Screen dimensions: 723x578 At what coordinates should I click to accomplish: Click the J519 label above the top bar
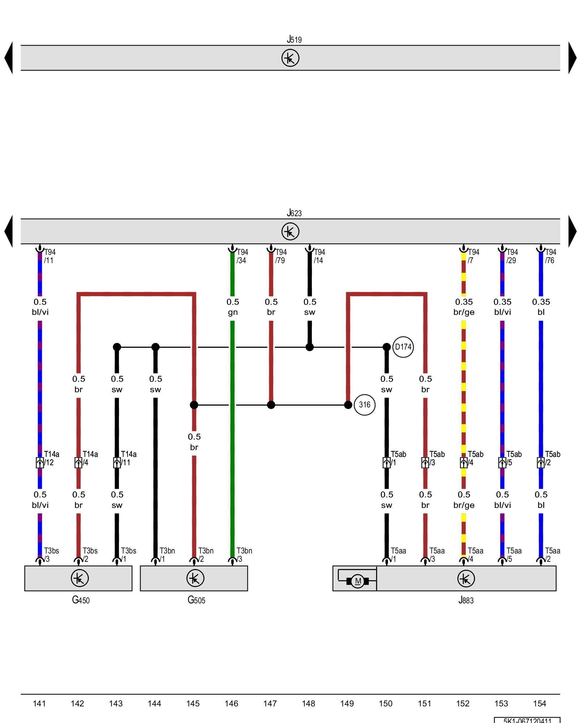click(294, 39)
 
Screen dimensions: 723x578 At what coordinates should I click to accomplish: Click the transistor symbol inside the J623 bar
click(290, 231)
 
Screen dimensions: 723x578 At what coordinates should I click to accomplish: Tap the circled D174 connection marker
click(403, 347)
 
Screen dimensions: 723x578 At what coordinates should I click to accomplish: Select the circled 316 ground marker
click(365, 405)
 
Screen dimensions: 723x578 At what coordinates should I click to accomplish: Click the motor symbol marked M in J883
click(358, 581)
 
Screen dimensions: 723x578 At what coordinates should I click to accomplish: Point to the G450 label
click(81, 600)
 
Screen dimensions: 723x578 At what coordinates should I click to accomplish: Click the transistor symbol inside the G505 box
click(195, 578)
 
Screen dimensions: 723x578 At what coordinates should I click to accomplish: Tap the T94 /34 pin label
click(242, 256)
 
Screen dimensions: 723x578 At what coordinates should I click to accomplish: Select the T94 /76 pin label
click(550, 256)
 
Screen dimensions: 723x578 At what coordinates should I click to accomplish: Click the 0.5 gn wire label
click(233, 307)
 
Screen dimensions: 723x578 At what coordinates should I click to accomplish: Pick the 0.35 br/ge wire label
click(464, 307)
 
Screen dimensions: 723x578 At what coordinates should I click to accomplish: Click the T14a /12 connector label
click(51, 458)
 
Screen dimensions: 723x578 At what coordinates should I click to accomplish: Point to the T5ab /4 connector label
click(475, 458)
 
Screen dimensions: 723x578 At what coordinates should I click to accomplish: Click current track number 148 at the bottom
click(309, 703)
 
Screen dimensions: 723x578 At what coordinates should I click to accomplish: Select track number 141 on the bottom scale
click(39, 703)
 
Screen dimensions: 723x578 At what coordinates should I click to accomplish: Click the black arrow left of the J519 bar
click(9, 58)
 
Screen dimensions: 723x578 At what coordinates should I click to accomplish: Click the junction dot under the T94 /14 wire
click(310, 347)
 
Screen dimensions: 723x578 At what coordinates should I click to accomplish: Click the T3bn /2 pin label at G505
click(205, 555)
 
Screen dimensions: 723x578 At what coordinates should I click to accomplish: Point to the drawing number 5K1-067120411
click(527, 720)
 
